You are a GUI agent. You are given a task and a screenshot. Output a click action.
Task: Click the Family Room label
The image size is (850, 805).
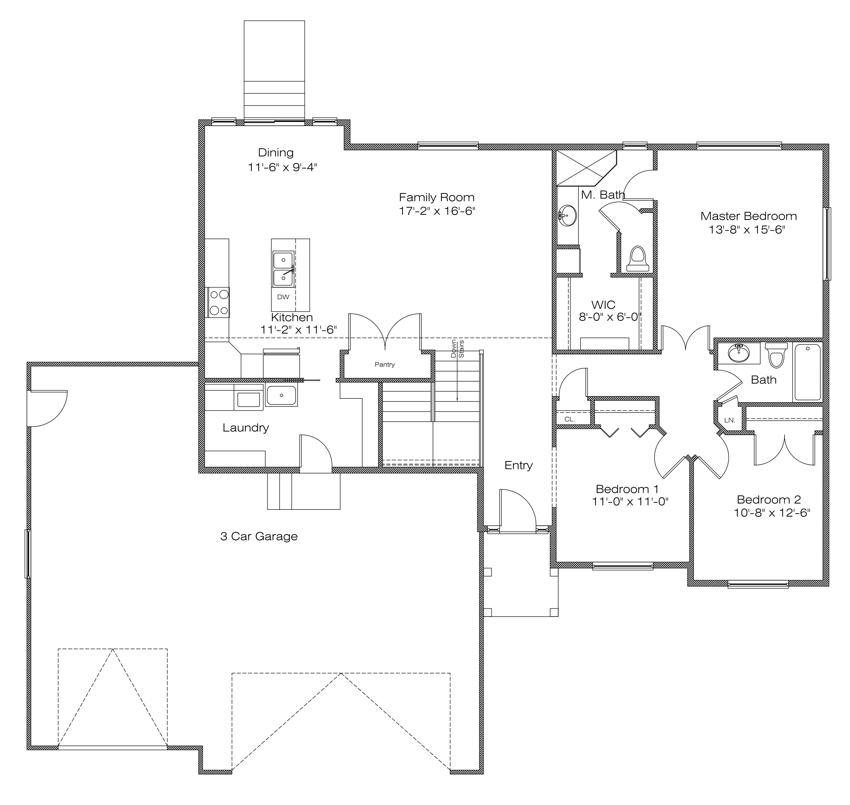[436, 197]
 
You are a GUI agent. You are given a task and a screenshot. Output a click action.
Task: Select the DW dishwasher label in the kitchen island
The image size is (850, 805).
[283, 297]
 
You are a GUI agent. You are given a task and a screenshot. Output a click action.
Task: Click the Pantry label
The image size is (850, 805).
[385, 364]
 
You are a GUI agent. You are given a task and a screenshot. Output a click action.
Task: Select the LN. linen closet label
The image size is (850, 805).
[730, 421]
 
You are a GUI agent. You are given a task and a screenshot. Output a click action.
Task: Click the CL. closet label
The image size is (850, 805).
[570, 419]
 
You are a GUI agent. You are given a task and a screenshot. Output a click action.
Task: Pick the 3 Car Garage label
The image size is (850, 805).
[259, 536]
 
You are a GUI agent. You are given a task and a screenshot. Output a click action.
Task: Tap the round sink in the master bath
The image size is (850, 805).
[568, 215]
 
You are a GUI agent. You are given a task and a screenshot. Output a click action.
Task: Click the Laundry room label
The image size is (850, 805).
[245, 428]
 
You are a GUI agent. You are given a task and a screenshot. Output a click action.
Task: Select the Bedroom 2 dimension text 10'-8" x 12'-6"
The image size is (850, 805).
[772, 512]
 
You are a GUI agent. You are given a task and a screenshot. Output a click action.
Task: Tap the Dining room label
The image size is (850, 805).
[276, 153]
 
